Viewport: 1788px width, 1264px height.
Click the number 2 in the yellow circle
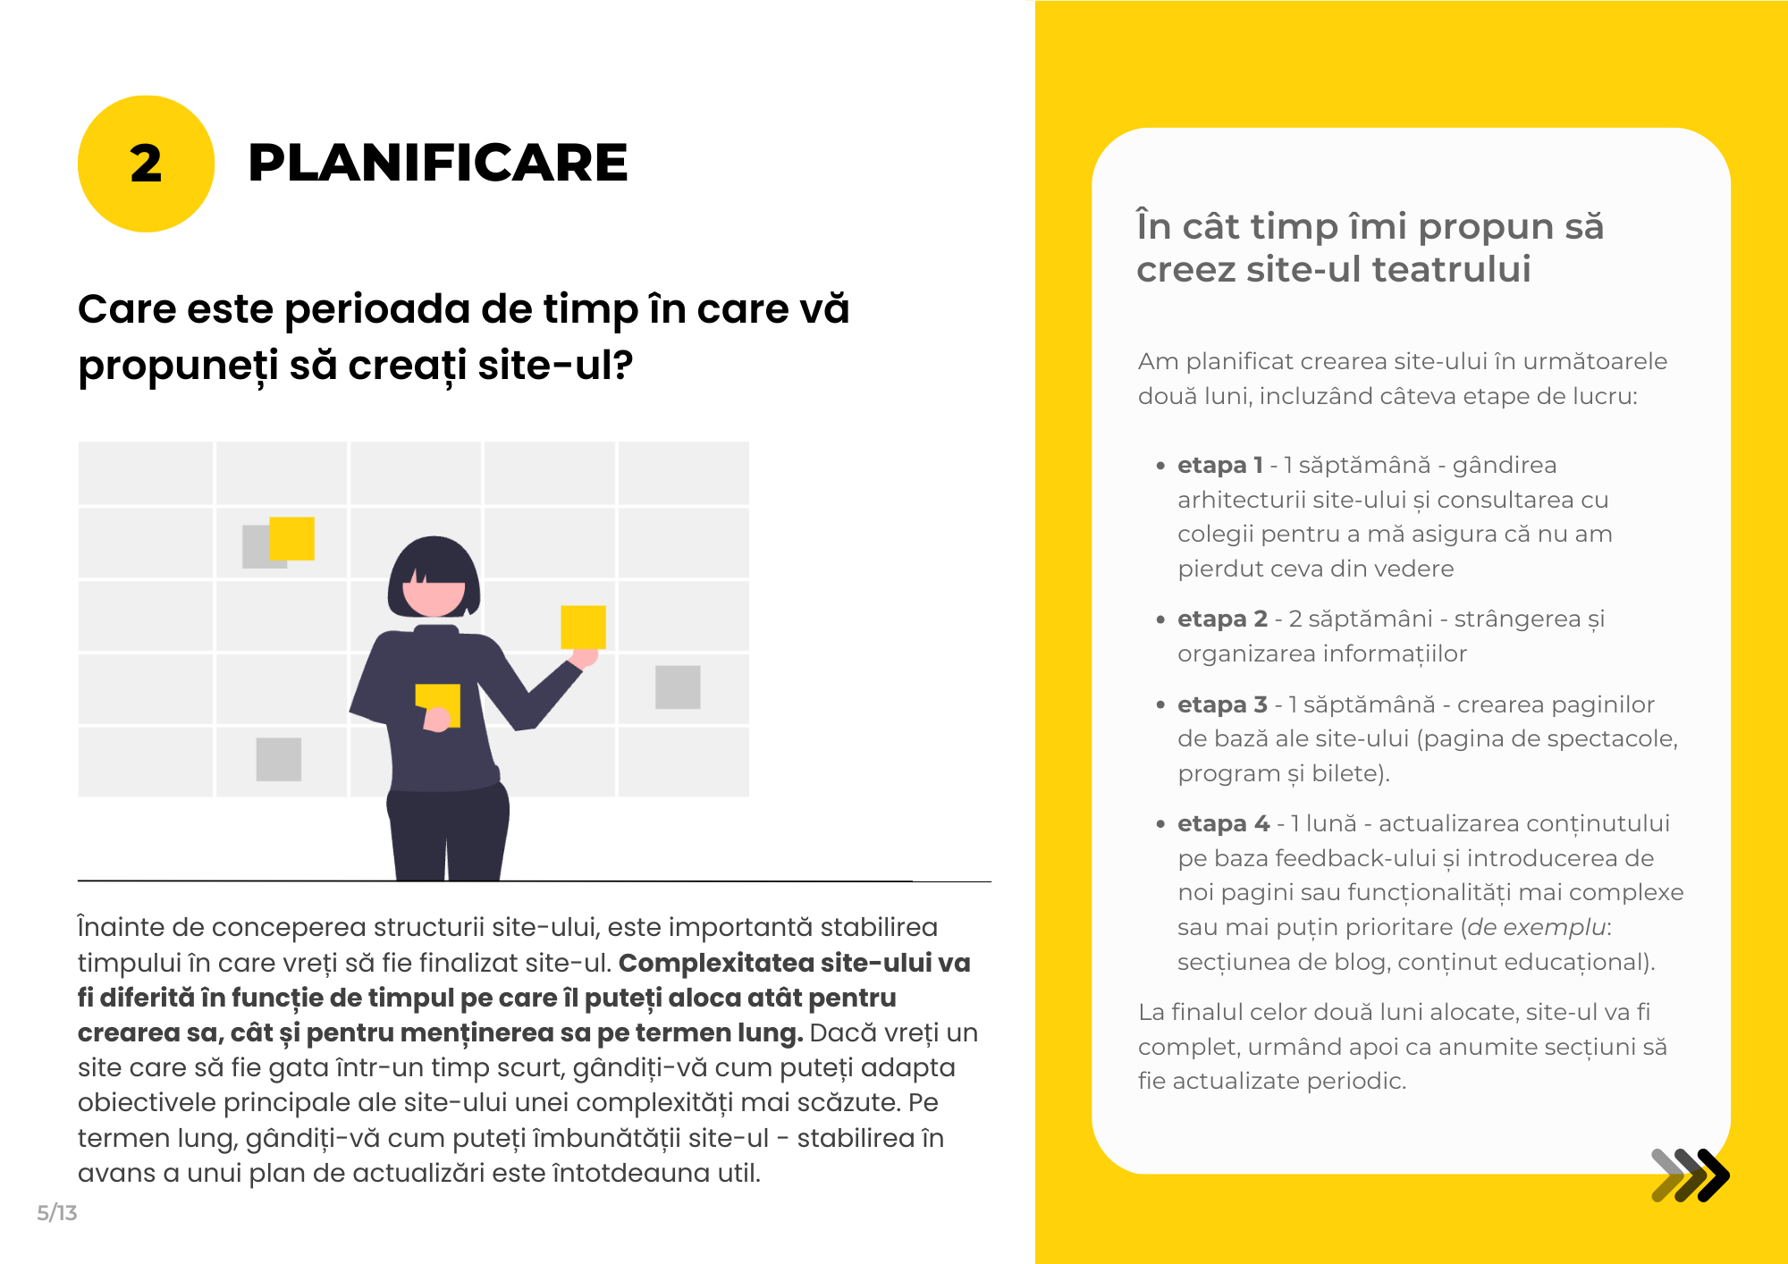146,164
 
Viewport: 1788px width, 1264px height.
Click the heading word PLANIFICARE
438,163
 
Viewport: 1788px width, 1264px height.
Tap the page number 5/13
57,1213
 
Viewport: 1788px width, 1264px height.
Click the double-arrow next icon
1690,1176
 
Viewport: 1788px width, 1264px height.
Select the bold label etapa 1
1220,465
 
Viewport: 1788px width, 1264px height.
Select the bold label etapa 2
1222,619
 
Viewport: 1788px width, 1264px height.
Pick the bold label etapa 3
1222,704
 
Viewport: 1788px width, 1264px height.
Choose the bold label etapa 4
1223,823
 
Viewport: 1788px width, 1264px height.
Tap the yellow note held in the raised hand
583,627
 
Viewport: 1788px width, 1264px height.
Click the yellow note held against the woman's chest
438,704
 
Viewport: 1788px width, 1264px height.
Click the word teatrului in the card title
1452,269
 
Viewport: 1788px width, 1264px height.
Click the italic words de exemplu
1536,927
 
